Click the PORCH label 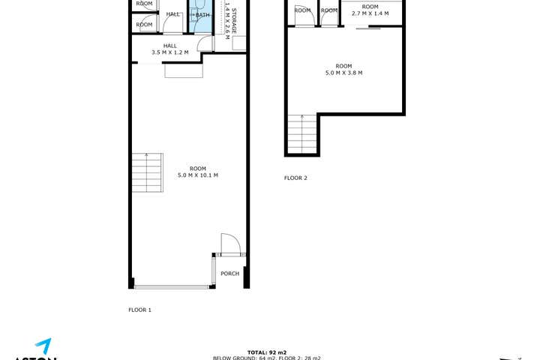[229, 274]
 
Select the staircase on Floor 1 [147, 172]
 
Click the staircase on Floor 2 [302, 134]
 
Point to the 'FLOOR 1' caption [140, 310]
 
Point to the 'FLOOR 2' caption [295, 178]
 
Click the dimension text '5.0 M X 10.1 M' [198, 175]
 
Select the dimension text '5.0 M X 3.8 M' [343, 73]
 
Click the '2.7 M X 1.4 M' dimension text [370, 13]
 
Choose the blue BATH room [202, 16]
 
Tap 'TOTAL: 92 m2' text [267, 352]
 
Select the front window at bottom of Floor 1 [172, 286]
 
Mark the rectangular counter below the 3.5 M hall [183, 70]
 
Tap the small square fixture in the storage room [239, 43]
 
